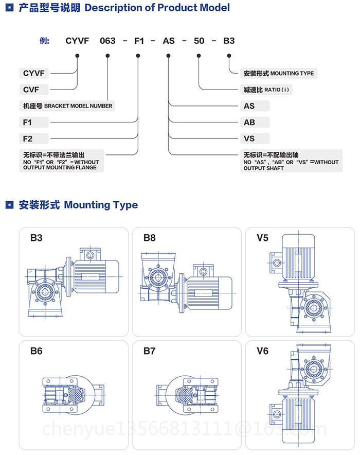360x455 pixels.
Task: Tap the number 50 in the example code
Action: coord(199,41)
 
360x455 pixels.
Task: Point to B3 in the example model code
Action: coord(229,41)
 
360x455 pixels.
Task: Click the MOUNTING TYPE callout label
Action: coord(278,73)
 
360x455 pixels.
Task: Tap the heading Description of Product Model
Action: coord(157,8)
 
